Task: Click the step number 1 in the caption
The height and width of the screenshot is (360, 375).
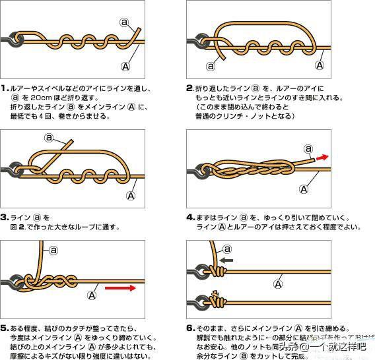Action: tap(5, 88)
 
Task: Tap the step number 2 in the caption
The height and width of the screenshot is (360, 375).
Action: tap(190, 88)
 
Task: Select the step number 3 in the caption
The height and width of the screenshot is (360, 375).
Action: tap(5, 217)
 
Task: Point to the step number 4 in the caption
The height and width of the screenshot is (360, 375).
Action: tap(191, 217)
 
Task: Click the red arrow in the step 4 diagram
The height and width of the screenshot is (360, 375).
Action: tap(324, 157)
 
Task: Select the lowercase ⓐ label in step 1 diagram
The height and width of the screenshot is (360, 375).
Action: tap(124, 22)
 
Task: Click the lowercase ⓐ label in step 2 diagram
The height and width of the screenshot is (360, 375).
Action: tap(211, 65)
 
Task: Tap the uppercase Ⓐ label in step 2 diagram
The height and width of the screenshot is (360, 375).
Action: tap(320, 65)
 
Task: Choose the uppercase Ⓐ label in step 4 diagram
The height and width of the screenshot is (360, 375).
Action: tap(304, 188)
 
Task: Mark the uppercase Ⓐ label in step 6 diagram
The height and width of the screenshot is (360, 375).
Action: tap(278, 284)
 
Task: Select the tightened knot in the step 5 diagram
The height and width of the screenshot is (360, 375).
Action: tap(40, 280)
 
